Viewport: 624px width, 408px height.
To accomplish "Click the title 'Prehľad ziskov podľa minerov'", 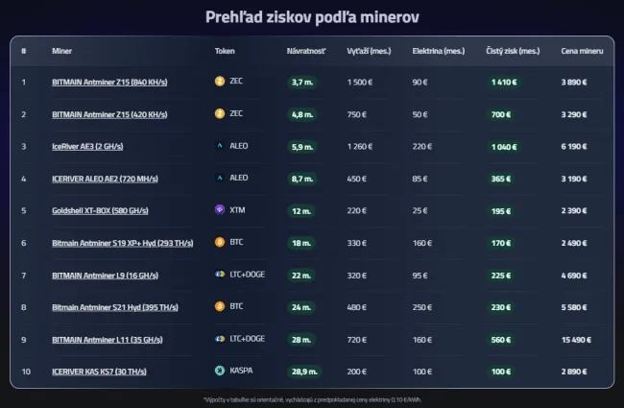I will pos(312,17).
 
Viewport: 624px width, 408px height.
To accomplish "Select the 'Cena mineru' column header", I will pos(582,50).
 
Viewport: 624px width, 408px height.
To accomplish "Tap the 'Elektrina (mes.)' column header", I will pos(434,50).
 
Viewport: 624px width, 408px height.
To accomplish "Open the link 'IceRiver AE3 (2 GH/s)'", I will pos(87,146).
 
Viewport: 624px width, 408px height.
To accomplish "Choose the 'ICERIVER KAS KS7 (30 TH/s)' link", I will pos(98,370).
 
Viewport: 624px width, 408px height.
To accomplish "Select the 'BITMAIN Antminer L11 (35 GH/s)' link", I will pos(103,338).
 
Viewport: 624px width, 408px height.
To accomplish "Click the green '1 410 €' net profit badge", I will pos(504,82).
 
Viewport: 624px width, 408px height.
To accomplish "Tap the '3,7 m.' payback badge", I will pos(302,82).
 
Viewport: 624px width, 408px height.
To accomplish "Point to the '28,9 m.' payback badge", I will pos(304,370).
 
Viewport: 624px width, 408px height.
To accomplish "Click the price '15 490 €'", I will pos(578,338).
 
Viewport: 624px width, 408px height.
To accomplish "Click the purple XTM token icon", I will pos(220,210).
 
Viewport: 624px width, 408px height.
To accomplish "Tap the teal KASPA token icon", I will pos(220,370).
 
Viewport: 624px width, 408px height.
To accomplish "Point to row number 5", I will pos(24,210).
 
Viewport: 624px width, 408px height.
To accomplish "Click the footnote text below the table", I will pos(312,397).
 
